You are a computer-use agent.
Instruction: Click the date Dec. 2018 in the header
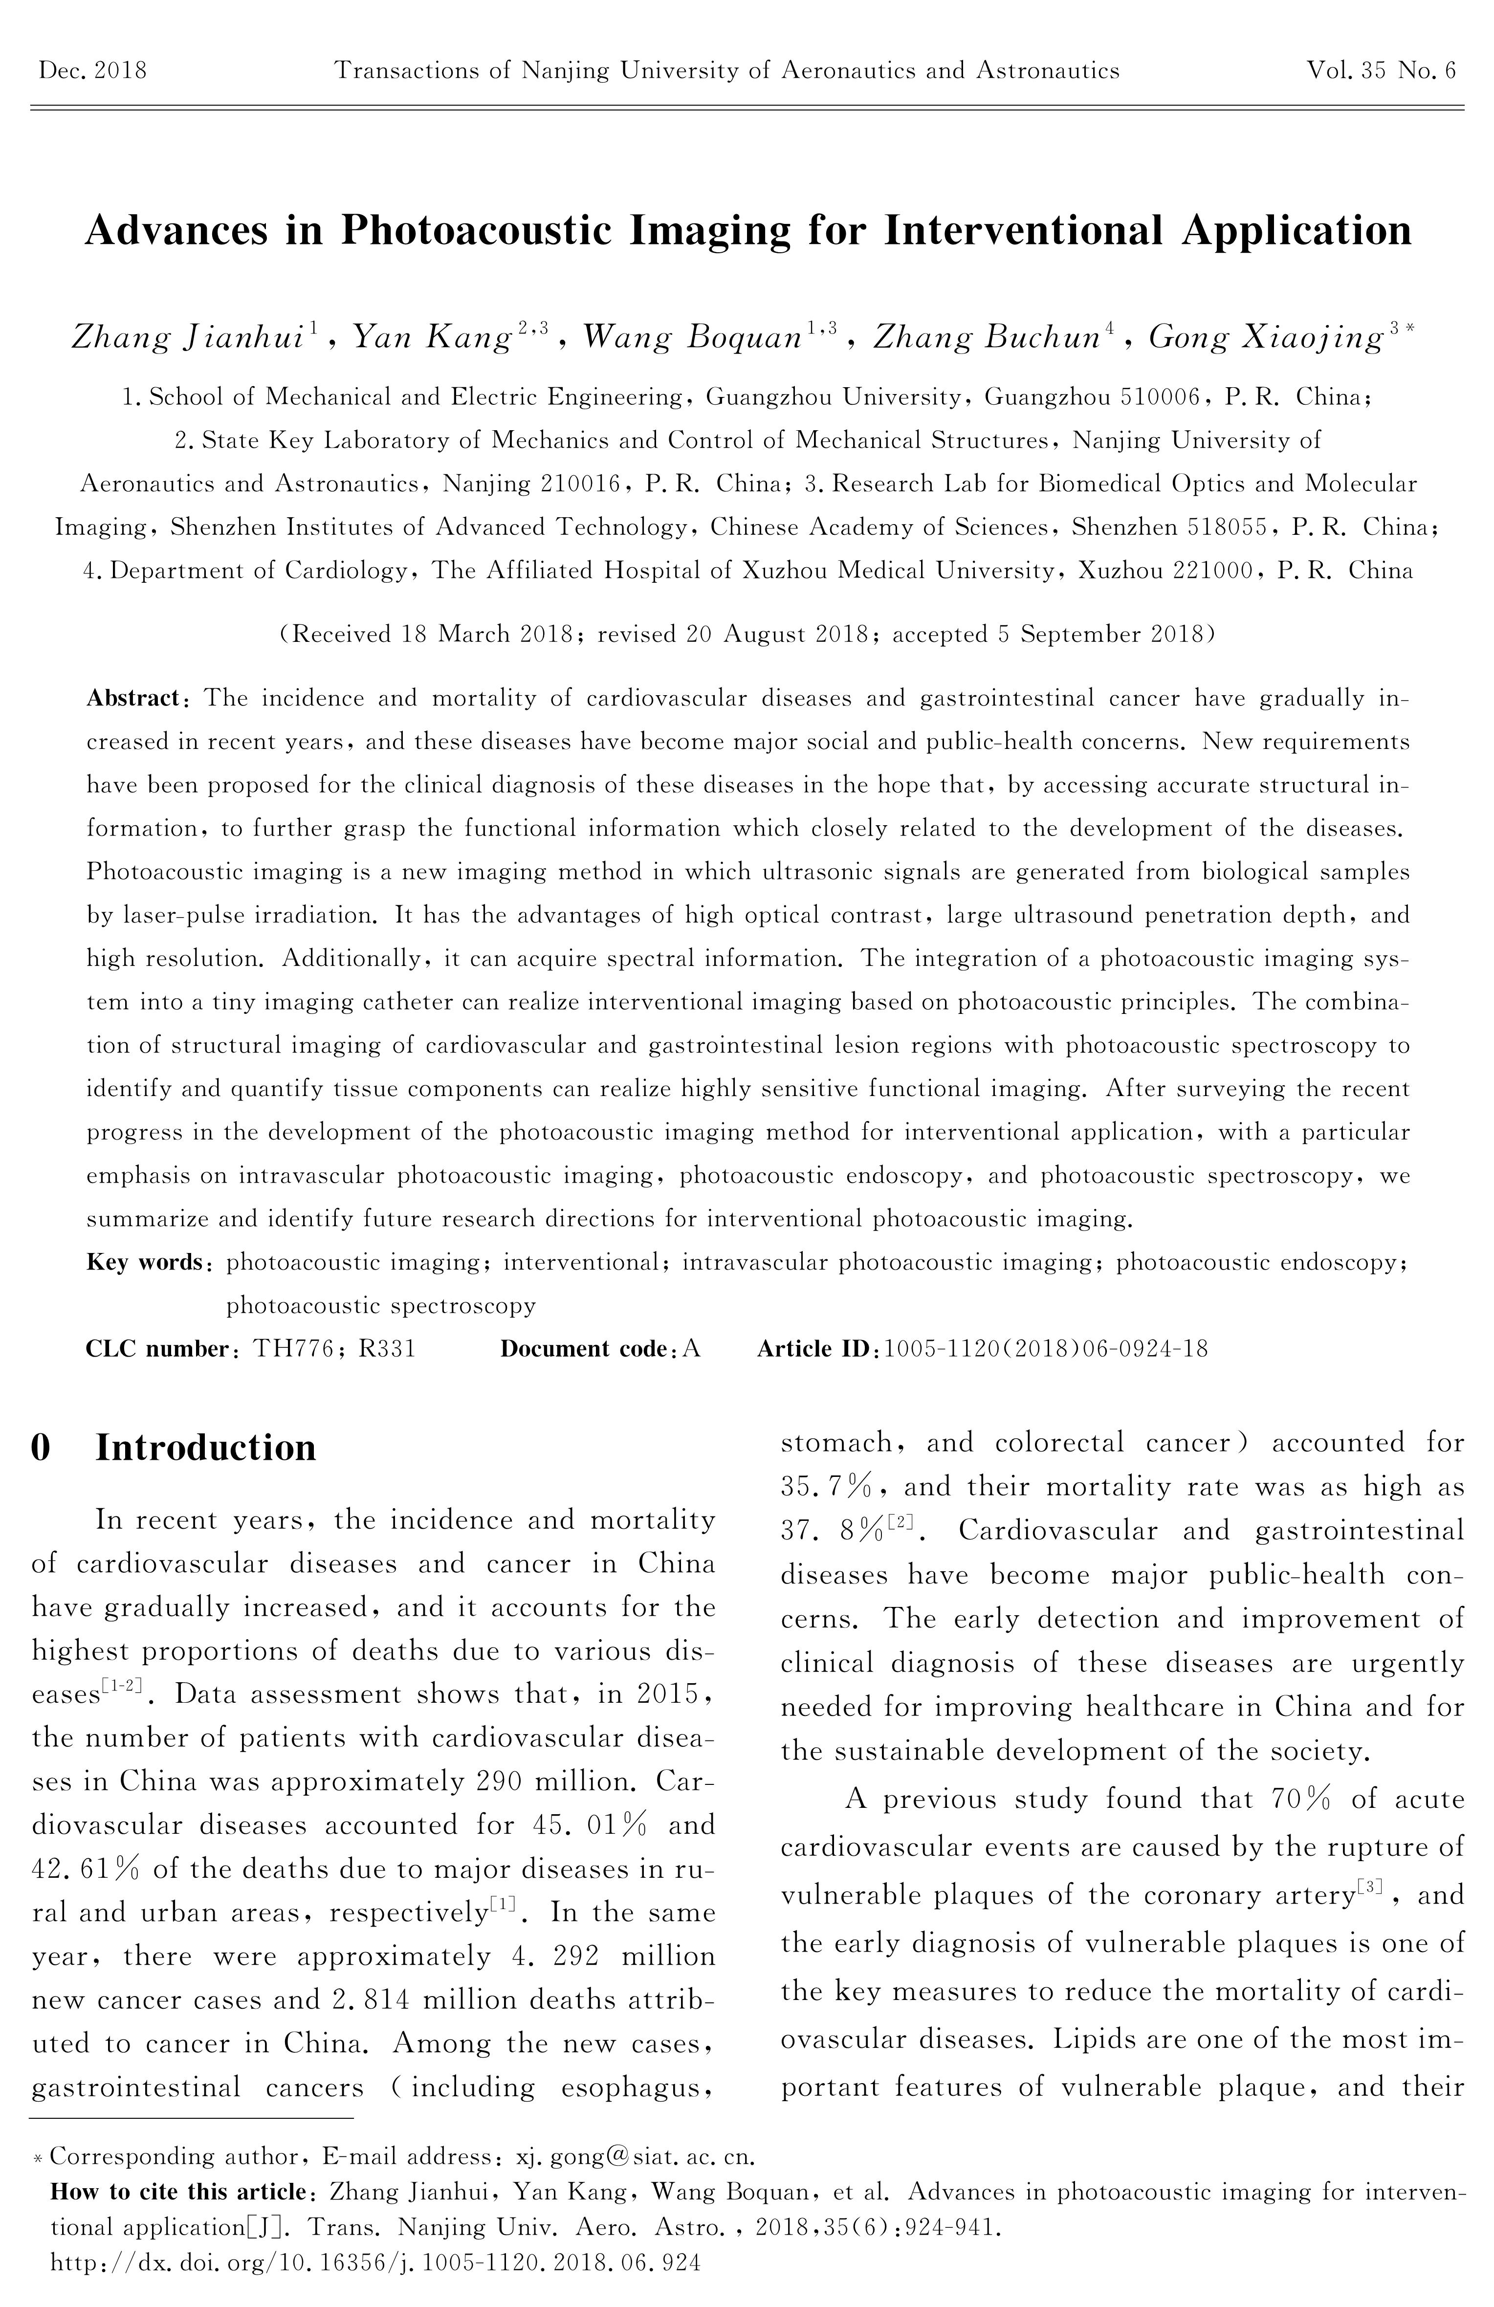click(x=92, y=71)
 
